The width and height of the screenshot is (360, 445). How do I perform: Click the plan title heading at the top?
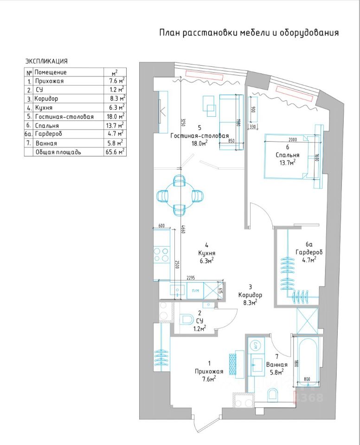(x=249, y=33)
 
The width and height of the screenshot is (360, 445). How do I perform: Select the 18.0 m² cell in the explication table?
(x=115, y=117)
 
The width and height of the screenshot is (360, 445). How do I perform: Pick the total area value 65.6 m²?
(x=115, y=152)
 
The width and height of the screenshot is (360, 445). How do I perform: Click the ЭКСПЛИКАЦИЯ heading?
(x=46, y=61)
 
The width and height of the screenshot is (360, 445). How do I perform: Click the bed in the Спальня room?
(x=286, y=156)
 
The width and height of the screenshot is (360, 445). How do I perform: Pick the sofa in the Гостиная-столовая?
(x=231, y=121)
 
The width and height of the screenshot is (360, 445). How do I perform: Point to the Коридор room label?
(x=251, y=295)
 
